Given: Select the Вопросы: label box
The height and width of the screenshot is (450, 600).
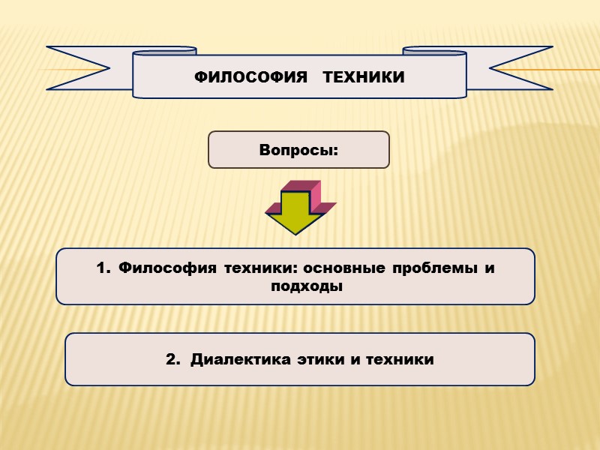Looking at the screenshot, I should click(x=298, y=150).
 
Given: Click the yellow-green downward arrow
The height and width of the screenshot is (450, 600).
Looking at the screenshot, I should click(x=298, y=214).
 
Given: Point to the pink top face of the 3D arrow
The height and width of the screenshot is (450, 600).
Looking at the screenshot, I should click(x=300, y=186).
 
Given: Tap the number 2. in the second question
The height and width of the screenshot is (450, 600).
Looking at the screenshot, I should click(x=173, y=360).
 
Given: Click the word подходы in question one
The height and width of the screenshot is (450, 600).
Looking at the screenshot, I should click(x=299, y=286).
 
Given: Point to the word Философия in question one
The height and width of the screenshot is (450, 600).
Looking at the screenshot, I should click(x=158, y=268).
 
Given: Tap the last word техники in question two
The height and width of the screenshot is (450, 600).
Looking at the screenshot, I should click(x=397, y=360).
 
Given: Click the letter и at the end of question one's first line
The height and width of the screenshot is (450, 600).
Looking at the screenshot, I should click(x=490, y=268).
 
